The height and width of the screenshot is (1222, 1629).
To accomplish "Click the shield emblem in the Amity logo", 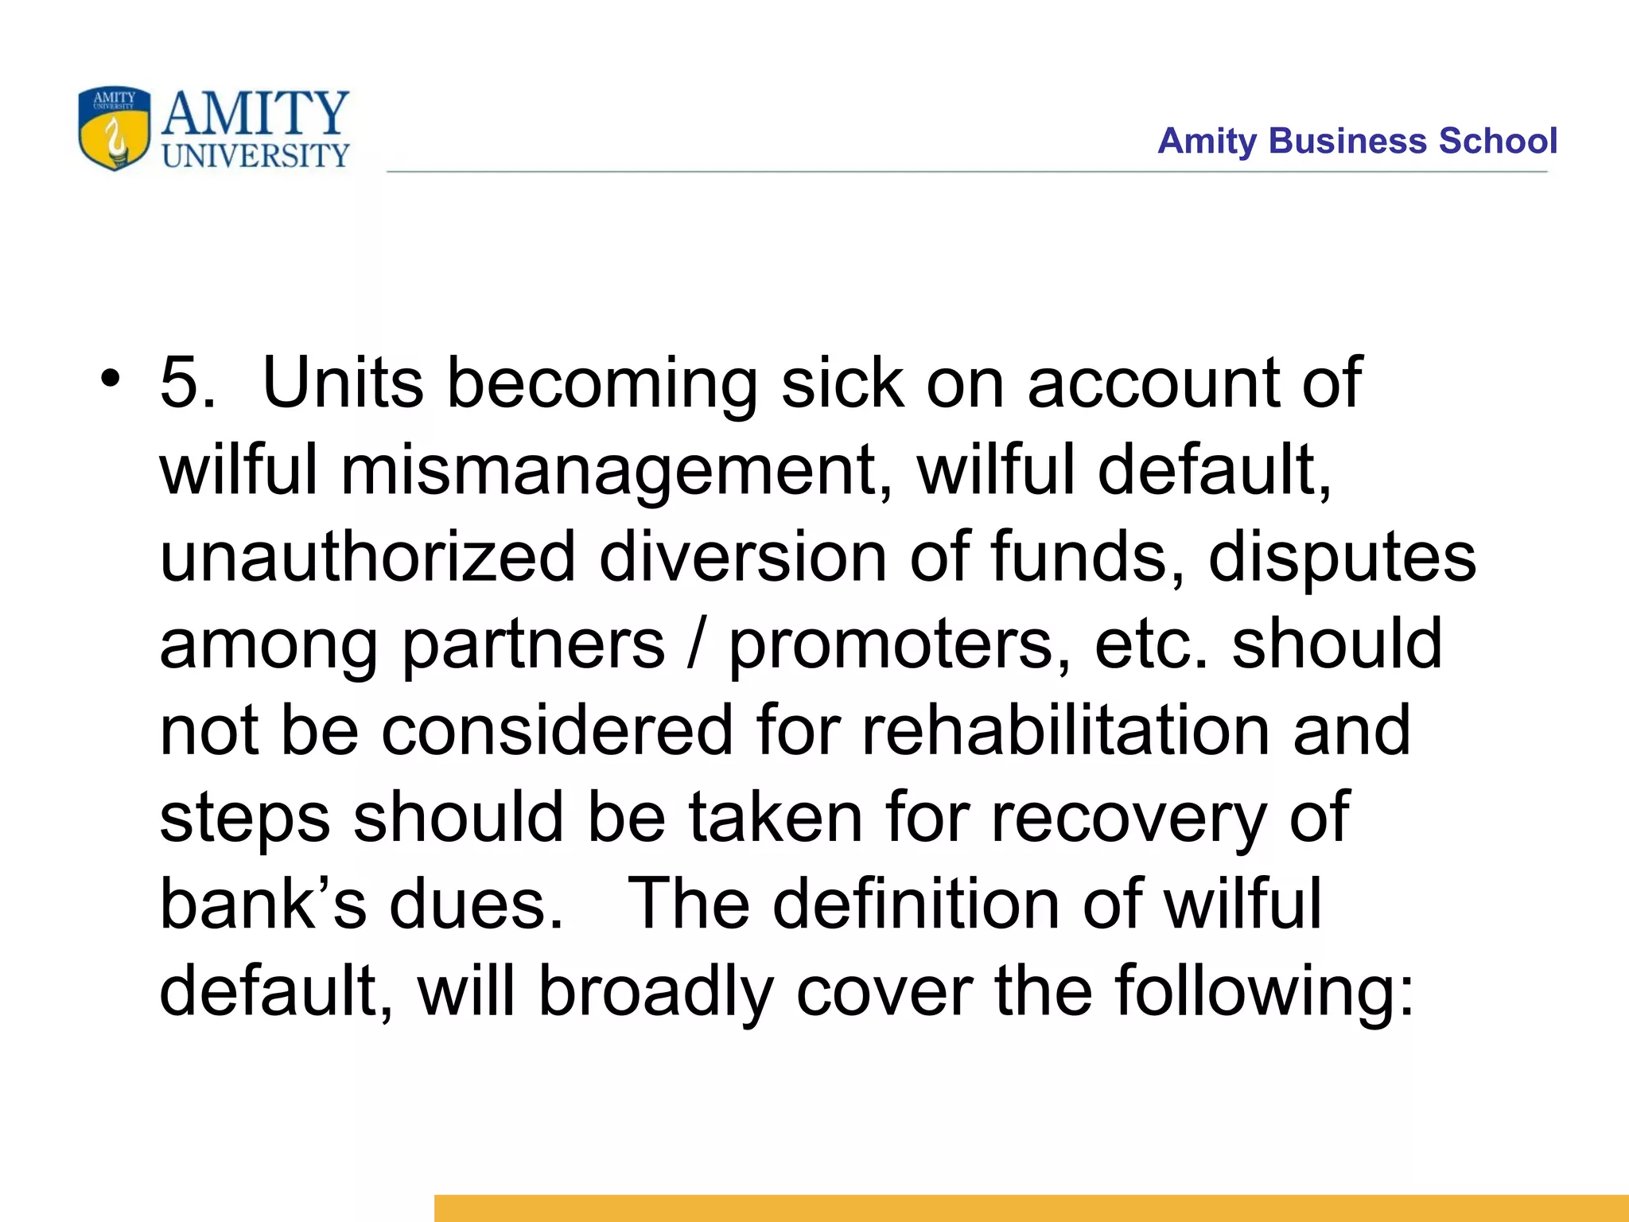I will click(x=114, y=128).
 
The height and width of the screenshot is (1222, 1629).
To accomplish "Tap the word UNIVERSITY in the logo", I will click(x=255, y=156).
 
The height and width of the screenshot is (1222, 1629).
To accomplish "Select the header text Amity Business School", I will click(x=1357, y=141).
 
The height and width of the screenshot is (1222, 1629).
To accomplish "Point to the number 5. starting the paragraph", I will click(x=187, y=383).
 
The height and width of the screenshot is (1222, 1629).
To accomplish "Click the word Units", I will click(x=343, y=383).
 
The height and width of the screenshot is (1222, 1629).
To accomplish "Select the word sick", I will click(x=842, y=383).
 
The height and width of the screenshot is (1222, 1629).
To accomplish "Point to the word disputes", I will click(x=1342, y=558).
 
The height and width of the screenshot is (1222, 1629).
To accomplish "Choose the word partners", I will click(x=532, y=644).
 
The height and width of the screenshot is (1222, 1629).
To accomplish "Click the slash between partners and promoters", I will click(x=697, y=644).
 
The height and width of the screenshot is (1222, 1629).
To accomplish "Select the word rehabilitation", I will click(x=1066, y=730).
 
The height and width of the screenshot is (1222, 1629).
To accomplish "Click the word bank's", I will click(x=262, y=904).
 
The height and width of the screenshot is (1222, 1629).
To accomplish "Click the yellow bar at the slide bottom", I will click(x=1031, y=1208).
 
